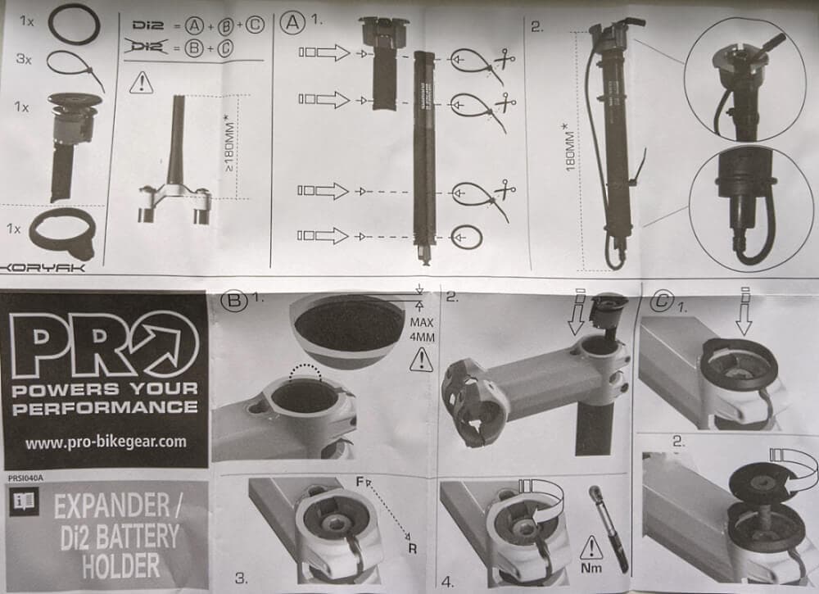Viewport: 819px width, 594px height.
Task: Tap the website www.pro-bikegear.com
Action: point(106,442)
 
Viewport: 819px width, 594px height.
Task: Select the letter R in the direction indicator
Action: point(411,547)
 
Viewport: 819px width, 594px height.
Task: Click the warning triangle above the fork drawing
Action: point(143,81)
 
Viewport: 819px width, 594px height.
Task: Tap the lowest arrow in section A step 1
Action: point(324,237)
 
